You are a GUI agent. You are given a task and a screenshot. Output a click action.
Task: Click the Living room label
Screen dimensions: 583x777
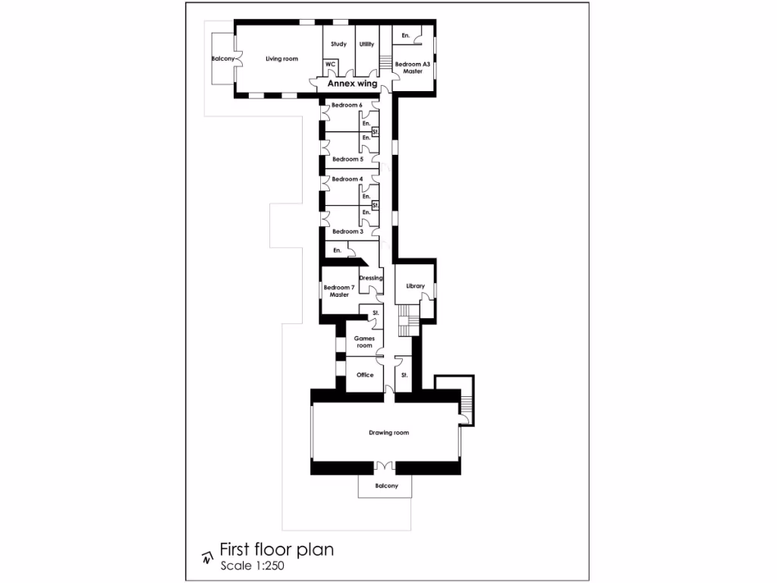click(x=282, y=58)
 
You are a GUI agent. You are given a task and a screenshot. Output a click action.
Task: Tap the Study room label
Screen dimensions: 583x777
click(x=339, y=44)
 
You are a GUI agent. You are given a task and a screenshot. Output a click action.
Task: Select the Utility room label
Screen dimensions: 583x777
click(x=366, y=44)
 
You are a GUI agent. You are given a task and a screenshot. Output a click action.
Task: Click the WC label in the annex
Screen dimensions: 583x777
click(x=330, y=65)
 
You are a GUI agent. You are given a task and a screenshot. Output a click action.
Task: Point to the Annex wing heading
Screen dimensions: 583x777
click(x=352, y=84)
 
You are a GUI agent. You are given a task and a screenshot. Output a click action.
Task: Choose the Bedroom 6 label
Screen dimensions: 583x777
click(x=347, y=105)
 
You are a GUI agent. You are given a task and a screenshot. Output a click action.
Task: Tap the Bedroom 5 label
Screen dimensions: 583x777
click(x=347, y=159)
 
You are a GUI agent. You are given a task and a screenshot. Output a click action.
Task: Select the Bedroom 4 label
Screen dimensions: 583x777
click(x=347, y=179)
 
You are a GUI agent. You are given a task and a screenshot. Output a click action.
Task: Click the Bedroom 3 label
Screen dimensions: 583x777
click(x=347, y=232)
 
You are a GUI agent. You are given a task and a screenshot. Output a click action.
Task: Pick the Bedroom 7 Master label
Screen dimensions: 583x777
click(x=338, y=291)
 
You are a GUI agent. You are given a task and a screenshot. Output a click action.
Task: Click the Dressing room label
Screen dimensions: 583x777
click(x=371, y=278)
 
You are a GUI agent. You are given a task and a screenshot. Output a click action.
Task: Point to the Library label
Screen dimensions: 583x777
click(x=415, y=286)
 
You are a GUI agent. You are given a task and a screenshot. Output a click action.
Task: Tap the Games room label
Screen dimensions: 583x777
click(x=364, y=342)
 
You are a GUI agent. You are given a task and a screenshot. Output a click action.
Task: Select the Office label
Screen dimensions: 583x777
click(x=365, y=375)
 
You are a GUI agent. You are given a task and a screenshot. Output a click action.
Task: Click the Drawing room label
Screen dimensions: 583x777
click(x=388, y=433)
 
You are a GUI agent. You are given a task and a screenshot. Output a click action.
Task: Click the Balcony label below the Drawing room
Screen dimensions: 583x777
click(x=386, y=486)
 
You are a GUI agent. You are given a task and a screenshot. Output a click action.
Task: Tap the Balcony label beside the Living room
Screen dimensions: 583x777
click(x=222, y=58)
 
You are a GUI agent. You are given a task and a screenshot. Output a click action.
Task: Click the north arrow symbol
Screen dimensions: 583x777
click(x=206, y=559)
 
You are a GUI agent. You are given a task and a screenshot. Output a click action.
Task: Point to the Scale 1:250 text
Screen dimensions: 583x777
click(x=252, y=566)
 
